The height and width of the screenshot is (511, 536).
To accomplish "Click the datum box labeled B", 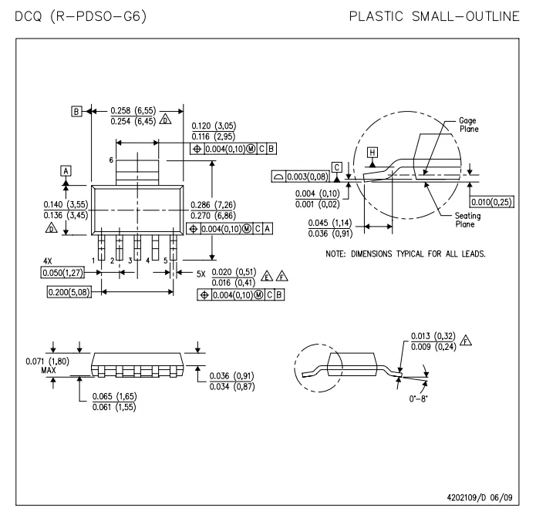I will (76, 112).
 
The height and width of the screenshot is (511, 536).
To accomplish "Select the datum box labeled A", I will (66, 170).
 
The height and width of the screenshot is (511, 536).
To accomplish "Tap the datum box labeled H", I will (373, 153).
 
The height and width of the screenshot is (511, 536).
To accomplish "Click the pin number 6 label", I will (111, 160).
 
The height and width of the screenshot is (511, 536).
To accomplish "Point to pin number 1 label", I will (94, 262).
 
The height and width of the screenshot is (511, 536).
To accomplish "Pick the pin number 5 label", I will (166, 262).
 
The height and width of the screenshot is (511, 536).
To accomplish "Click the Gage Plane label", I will (468, 125).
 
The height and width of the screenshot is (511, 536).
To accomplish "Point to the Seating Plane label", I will (469, 220).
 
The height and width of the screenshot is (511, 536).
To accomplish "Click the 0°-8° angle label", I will (418, 400).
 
